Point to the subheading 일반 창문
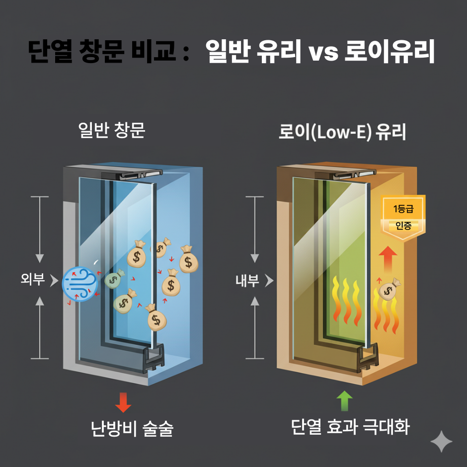(112, 130)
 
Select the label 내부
(247, 281)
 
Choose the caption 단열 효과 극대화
(350, 427)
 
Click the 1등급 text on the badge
(403, 209)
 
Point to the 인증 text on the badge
(403, 227)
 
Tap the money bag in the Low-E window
(389, 289)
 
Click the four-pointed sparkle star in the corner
(441, 440)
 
